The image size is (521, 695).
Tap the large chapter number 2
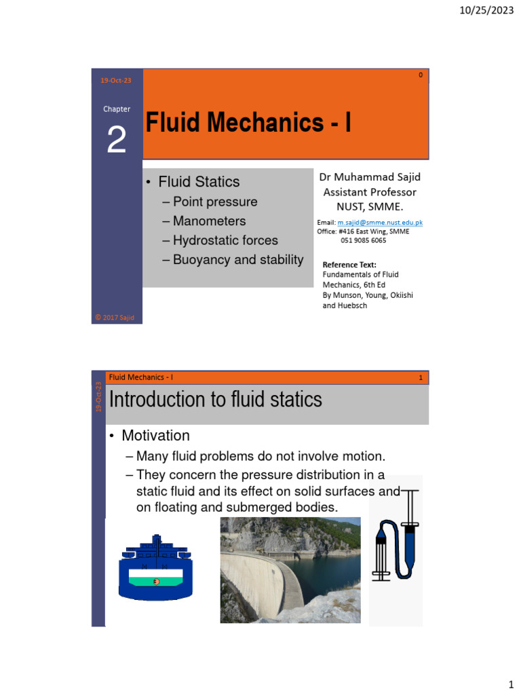point(117,140)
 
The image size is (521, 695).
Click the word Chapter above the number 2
point(117,109)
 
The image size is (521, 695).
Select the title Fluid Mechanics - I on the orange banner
point(249,123)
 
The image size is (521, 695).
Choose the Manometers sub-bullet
point(209,221)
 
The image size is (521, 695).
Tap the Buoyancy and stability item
point(237,259)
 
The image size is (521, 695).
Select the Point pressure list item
point(214,202)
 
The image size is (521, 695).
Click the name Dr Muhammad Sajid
point(370,177)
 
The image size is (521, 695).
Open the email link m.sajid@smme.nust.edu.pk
point(380,223)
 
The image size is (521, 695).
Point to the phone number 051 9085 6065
point(363,240)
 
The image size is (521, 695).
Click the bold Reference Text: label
point(349,265)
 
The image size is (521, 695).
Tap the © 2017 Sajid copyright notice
point(117,317)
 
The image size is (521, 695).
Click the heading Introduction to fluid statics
point(216,400)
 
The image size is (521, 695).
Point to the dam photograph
point(290,570)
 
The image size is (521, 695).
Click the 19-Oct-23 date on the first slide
point(116,81)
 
